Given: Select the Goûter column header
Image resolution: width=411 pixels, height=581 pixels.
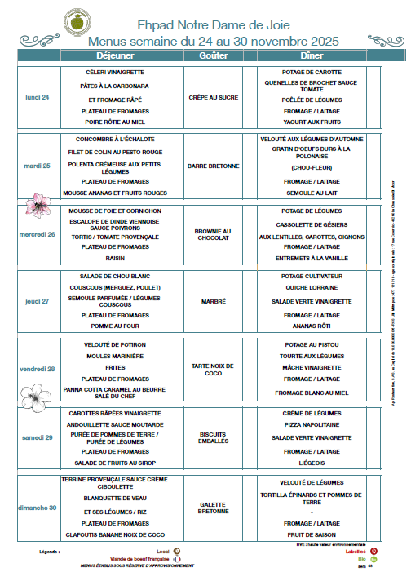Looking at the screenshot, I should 214,55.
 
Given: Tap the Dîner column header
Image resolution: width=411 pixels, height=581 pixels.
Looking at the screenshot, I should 312,55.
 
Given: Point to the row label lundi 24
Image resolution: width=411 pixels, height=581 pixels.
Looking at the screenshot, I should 38,97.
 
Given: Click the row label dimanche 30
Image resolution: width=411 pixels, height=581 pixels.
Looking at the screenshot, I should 38,507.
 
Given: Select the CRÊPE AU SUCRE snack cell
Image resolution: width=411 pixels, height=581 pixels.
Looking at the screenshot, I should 214,97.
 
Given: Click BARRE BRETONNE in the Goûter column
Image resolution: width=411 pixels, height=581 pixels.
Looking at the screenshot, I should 214,166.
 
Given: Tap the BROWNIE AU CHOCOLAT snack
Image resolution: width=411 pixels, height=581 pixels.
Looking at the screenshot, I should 214,234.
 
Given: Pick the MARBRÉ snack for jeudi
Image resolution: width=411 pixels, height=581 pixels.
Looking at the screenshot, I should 214,301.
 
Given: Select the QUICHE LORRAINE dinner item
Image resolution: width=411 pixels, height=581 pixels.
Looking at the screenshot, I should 312,287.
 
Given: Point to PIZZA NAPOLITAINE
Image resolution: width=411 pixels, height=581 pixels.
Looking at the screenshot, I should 312,425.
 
